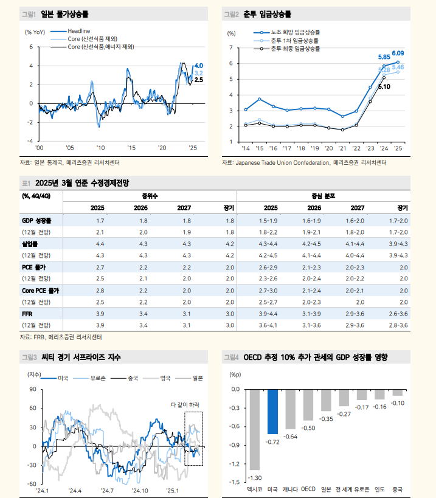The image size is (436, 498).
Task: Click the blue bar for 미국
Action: point(272,412)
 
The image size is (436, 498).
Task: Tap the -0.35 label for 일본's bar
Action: point(326,419)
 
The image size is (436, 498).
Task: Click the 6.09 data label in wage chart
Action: point(398,53)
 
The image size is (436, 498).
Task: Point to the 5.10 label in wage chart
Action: point(384,86)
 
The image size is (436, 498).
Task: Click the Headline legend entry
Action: point(78,31)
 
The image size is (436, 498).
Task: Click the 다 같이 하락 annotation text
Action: point(185,405)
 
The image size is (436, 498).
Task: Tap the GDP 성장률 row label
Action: point(36,221)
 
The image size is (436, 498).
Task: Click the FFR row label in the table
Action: point(27,314)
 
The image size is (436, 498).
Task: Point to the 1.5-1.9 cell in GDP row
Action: point(268,221)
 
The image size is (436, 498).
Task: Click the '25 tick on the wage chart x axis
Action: point(398,148)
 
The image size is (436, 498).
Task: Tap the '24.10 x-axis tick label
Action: point(140,490)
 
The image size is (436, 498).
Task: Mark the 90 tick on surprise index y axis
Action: point(32,390)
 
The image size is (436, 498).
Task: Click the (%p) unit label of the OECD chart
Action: point(234,375)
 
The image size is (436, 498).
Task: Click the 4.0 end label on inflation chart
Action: point(199,66)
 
